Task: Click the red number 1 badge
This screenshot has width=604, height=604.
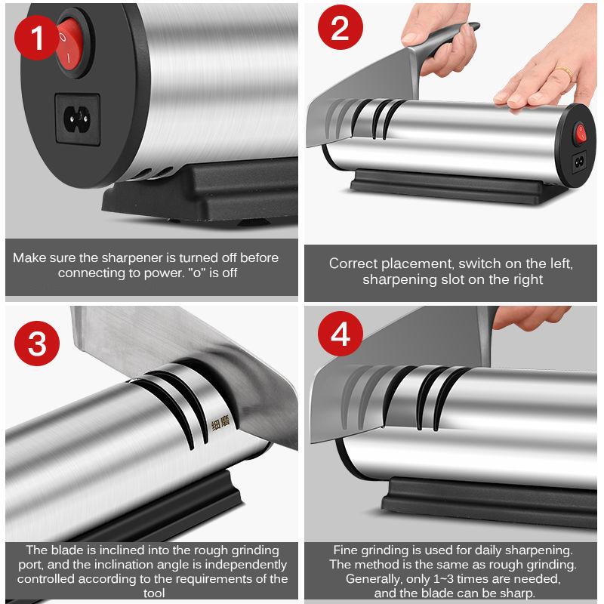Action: (36, 38)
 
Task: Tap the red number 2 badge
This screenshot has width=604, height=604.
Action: (341, 27)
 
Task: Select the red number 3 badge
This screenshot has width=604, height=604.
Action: (37, 343)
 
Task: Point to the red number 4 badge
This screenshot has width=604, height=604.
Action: (341, 334)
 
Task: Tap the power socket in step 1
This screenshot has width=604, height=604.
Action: (78, 119)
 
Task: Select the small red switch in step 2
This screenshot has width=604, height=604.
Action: (580, 134)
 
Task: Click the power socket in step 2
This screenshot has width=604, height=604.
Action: (578, 162)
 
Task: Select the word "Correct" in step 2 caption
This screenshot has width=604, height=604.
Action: (353, 263)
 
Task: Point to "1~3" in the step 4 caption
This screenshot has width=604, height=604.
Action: (443, 579)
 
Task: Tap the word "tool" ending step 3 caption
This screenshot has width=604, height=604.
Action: (154, 593)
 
